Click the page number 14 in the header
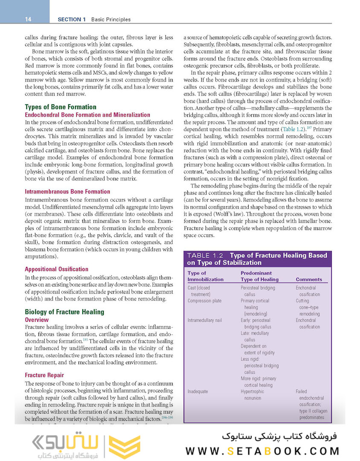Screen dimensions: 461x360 point(28,19)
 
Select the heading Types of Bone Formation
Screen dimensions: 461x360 point(61,107)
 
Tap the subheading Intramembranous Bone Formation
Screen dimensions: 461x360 point(67,192)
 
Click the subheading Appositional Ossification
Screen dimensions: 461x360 point(57,269)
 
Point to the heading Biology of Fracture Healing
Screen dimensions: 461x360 point(64,312)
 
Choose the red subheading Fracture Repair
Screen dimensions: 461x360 point(44,375)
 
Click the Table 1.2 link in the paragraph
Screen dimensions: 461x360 point(293,128)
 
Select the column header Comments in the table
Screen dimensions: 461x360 point(309,280)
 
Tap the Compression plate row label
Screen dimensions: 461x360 point(205,301)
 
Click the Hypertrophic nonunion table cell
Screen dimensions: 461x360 point(251,394)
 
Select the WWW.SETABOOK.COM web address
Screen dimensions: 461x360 point(263,451)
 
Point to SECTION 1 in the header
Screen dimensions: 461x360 point(72,19)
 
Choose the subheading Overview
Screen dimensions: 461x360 point(37,320)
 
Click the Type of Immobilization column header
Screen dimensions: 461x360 point(206,276)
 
